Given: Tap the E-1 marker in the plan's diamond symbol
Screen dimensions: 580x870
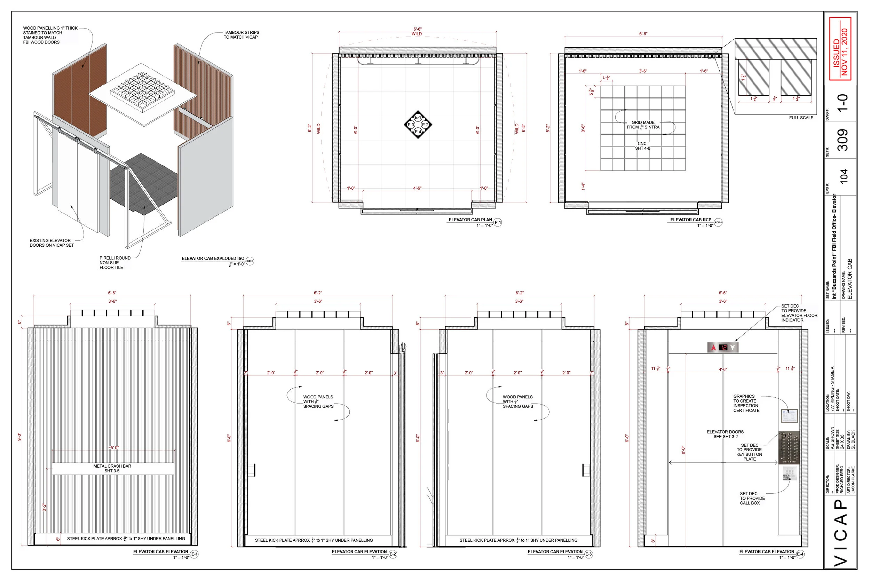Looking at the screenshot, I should point(418,118).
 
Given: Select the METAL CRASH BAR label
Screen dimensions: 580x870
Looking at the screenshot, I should point(112,468).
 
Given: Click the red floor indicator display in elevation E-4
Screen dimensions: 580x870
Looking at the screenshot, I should point(723,347).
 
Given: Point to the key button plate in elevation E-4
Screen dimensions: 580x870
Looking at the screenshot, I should point(789,447).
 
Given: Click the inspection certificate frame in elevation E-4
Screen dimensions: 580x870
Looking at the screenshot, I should point(789,416).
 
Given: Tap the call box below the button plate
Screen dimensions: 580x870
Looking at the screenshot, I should point(789,474).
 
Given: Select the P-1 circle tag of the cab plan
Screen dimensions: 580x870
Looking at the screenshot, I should point(498,222).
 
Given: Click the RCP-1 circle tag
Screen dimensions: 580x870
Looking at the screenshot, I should point(718,222).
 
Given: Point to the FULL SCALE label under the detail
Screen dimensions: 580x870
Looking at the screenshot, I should point(801,118).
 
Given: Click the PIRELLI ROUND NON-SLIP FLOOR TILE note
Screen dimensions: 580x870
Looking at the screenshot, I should point(115,263).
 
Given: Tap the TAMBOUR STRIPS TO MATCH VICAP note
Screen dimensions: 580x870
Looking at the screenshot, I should point(241,35).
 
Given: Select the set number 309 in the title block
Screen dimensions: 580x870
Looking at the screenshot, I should point(843,140).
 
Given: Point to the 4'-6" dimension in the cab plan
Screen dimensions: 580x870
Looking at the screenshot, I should point(417,188).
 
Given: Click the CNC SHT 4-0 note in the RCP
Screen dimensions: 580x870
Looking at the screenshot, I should point(642,146).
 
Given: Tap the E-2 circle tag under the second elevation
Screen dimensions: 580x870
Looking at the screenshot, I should point(393,554).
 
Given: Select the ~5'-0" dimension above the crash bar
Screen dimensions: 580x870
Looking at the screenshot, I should point(113,447).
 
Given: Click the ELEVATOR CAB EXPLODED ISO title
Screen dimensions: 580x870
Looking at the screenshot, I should point(213,258).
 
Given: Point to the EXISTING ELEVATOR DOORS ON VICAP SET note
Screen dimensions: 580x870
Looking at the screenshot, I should point(52,243).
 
